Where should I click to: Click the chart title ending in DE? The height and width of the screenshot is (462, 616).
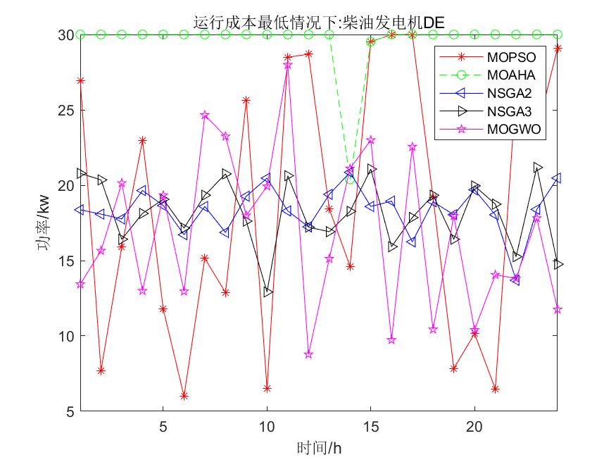click(x=318, y=22)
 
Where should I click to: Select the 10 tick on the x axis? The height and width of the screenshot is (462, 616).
click(x=267, y=426)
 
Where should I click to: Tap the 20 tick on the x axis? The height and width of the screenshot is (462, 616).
click(x=474, y=426)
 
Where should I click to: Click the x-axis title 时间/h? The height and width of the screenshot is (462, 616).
click(x=318, y=448)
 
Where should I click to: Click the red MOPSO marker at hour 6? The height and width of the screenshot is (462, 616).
click(x=184, y=397)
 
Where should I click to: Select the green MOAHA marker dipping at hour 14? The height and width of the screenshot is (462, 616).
click(x=350, y=180)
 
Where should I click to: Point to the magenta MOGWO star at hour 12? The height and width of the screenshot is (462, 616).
click(x=308, y=354)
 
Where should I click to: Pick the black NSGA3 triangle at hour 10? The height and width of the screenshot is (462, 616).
click(x=268, y=292)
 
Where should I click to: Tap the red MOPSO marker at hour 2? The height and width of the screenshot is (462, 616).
click(x=101, y=370)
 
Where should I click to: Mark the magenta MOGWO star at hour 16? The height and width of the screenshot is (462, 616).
click(x=391, y=340)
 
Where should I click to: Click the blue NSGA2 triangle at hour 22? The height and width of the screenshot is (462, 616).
click(x=515, y=280)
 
